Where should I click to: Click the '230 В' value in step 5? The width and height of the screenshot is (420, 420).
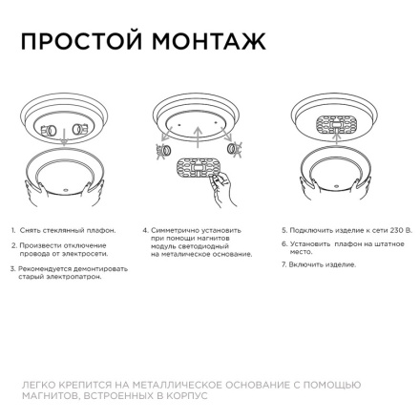pyautogui.click(x=402, y=230)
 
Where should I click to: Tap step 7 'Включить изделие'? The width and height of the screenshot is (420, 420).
pyautogui.click(x=320, y=262)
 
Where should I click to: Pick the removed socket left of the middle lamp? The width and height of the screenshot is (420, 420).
pyautogui.click(x=163, y=150)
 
